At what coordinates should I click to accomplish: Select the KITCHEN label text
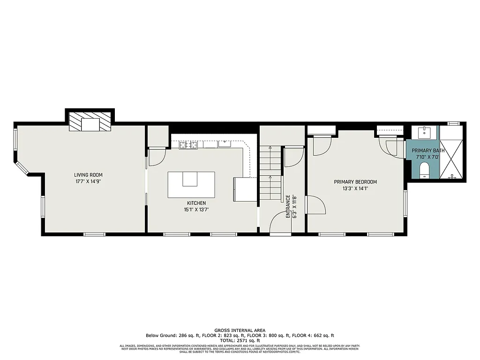coord(196,203)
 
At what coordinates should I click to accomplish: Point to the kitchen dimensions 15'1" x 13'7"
coord(196,210)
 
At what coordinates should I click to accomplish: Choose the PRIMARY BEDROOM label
coord(355,182)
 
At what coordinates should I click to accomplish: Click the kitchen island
coord(191,185)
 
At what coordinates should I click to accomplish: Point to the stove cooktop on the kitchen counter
coord(189,144)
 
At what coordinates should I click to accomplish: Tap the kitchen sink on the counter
coord(225,143)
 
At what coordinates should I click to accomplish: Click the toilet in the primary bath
coord(425,169)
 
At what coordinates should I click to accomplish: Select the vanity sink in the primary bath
coord(425,132)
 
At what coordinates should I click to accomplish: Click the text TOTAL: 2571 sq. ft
coord(240,341)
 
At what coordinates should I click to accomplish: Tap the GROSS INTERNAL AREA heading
coord(240,330)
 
